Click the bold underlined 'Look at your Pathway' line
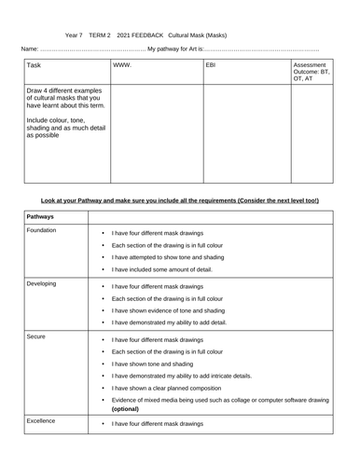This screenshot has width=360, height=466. pos(180,200)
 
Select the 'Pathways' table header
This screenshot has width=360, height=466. pos(40,216)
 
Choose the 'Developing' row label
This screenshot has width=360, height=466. pos(43,281)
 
